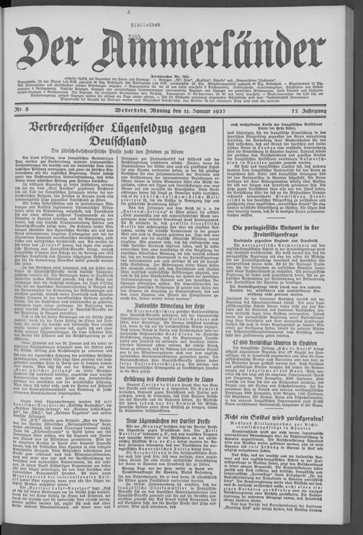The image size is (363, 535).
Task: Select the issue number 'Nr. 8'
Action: coord(31,110)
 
